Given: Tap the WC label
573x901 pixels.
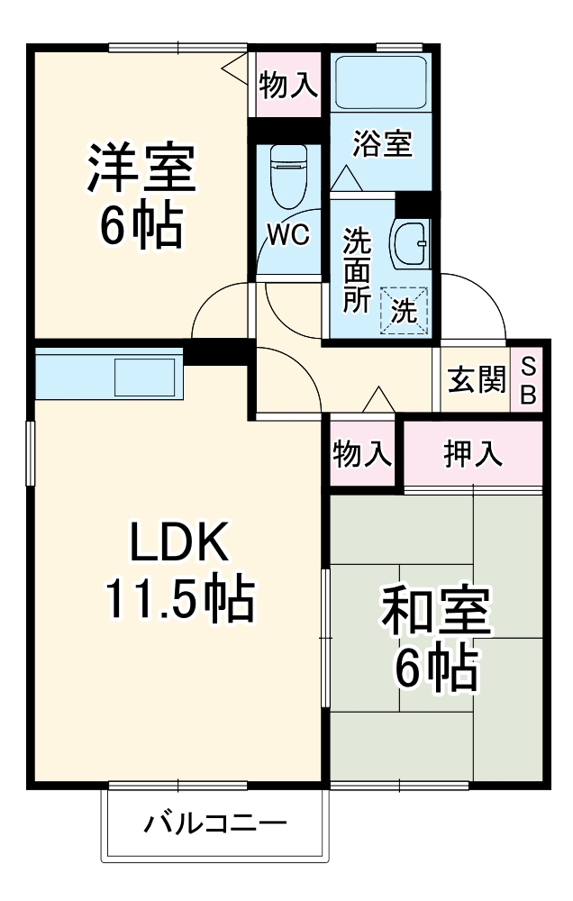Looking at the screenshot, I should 288,236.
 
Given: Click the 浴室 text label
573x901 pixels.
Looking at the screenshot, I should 382,142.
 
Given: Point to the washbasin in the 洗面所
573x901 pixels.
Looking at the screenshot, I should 410,242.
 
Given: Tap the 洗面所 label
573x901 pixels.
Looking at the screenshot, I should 358,270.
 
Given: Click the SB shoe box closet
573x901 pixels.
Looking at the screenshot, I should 528,382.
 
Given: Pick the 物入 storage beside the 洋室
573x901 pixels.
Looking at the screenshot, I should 288,86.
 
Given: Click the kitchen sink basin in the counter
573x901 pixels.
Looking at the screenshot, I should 147,377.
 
